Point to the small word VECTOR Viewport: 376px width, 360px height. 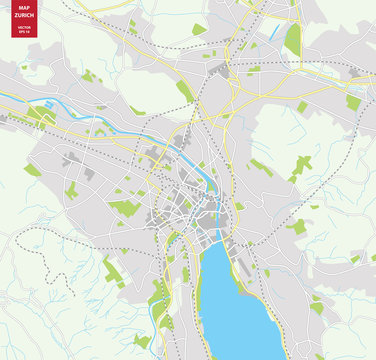click(24, 27)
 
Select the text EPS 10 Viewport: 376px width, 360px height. click(24, 32)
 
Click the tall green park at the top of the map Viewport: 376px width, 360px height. click(292, 40)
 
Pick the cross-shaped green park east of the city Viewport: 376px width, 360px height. click(301, 164)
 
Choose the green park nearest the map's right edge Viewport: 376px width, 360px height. click(352, 101)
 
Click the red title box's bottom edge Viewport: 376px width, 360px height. click(24, 38)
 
